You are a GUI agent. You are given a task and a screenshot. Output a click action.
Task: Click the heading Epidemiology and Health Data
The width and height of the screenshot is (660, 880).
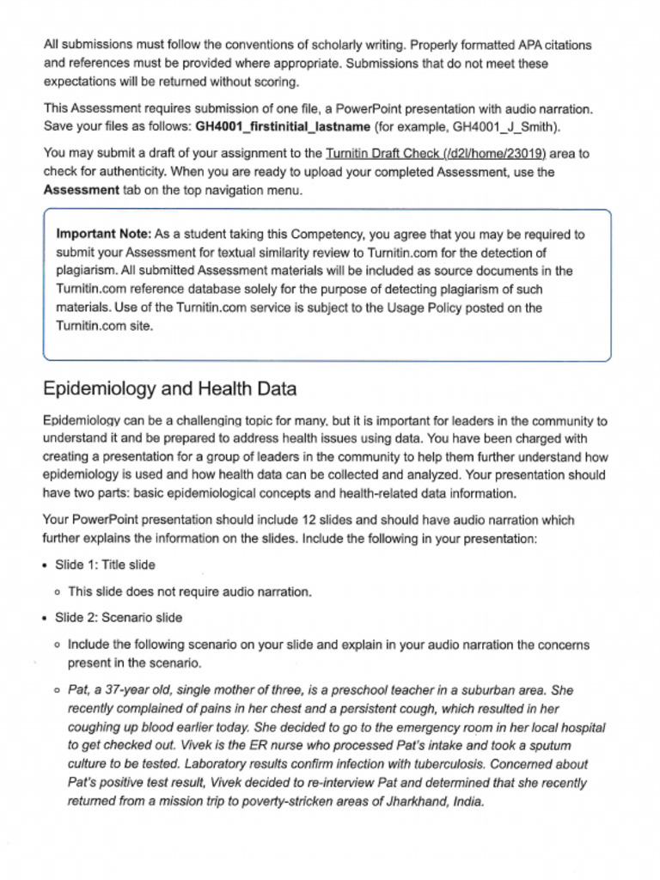[169, 389]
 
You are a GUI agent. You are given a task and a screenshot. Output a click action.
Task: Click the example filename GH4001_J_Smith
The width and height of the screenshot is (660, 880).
[507, 127]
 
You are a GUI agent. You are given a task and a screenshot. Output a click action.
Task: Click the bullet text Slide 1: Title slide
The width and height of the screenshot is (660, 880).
[105, 565]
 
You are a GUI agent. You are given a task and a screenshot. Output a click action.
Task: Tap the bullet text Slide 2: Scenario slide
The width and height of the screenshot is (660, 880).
[119, 618]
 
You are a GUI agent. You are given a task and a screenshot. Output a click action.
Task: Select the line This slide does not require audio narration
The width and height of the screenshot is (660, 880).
[190, 592]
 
